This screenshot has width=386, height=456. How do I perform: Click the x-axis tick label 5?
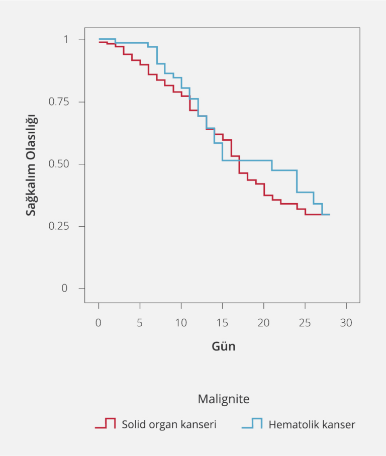(140, 323)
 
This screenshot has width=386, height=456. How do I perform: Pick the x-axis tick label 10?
(181, 323)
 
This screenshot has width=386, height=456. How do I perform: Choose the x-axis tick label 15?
(222, 323)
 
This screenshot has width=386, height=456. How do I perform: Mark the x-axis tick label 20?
(263, 323)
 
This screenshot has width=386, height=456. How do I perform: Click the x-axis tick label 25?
(305, 323)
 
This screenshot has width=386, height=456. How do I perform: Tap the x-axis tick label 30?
(346, 323)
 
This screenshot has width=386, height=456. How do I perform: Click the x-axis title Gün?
(223, 347)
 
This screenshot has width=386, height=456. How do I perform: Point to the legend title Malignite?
(223, 399)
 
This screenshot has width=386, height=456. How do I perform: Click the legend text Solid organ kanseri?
(169, 424)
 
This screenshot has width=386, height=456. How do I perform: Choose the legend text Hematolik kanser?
(312, 424)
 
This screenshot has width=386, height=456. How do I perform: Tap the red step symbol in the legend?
(106, 423)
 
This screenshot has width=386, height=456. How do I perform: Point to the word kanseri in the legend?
(200, 424)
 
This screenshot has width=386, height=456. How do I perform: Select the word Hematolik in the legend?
(293, 424)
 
